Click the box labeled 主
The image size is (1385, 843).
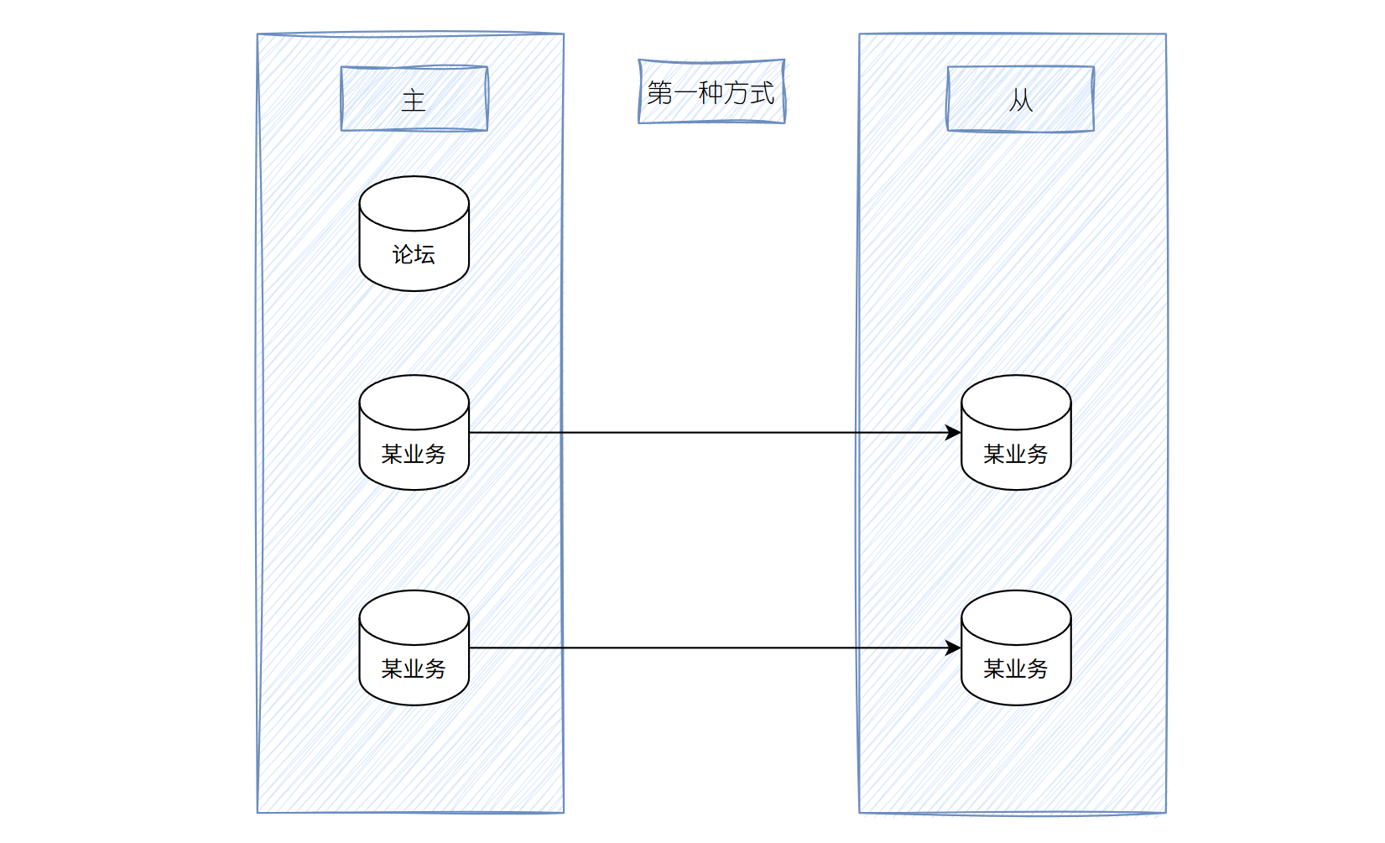coord(414,99)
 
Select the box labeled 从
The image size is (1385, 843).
coord(1020,99)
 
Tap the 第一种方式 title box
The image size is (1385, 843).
coord(711,91)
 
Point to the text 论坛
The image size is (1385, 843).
coord(414,254)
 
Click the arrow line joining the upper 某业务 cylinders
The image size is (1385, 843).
coord(713,433)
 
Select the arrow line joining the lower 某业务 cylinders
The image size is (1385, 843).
coord(713,648)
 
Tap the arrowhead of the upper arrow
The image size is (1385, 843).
coord(954,433)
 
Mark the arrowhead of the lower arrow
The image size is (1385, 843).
coord(954,648)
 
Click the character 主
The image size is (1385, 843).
coord(414,101)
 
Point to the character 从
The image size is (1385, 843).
coord(1020,101)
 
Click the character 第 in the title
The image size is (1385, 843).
coord(660,92)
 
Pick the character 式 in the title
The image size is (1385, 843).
coord(762,92)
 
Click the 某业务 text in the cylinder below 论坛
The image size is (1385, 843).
coord(414,454)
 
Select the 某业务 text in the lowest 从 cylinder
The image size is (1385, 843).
coord(1016,669)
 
